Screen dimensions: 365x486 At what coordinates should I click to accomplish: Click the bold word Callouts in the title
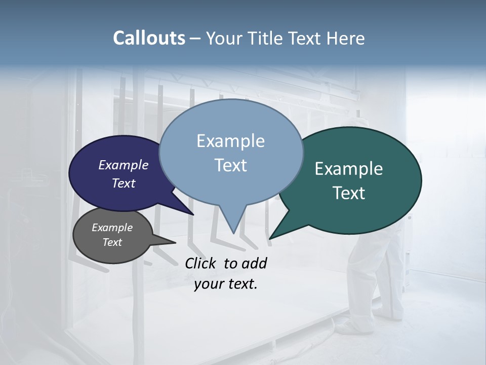(x=149, y=38)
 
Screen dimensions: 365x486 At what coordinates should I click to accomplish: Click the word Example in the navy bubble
(x=124, y=165)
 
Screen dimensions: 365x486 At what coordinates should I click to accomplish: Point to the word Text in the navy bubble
(x=124, y=183)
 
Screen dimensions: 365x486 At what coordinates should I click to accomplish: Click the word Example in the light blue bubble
(x=230, y=141)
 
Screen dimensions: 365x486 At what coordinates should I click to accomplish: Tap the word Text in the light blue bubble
(x=230, y=165)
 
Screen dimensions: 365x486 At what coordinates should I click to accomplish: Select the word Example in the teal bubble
(x=349, y=169)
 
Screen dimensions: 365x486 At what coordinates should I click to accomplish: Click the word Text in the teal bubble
(x=349, y=193)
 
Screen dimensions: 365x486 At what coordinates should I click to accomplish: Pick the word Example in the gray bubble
(x=112, y=228)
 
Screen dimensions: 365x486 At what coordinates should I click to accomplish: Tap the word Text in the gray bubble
(x=112, y=242)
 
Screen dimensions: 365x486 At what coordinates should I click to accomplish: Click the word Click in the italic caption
(x=201, y=263)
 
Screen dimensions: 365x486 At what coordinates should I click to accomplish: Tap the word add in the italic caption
(x=254, y=263)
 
